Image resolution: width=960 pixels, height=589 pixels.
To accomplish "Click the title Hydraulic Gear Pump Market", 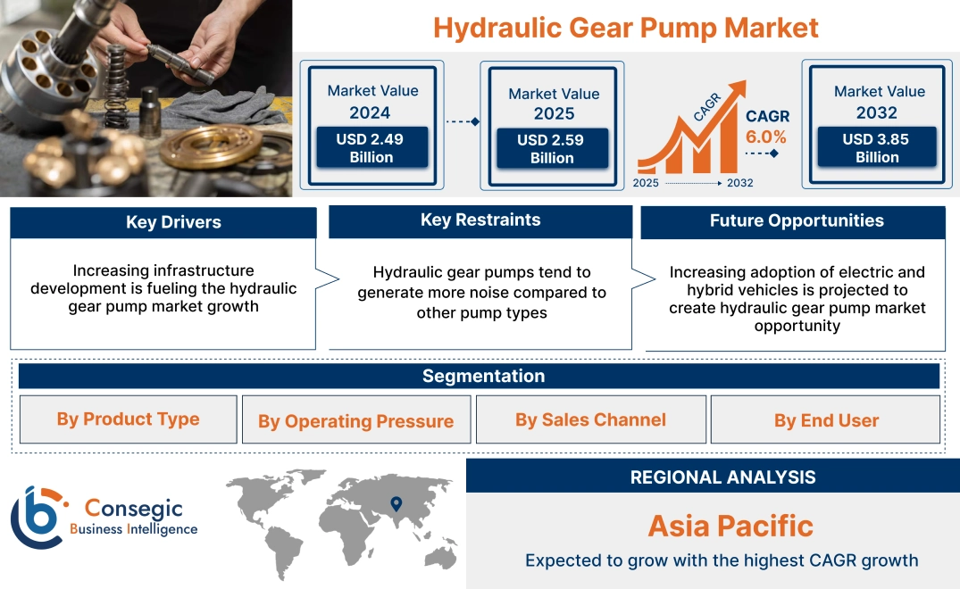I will click(x=625, y=28).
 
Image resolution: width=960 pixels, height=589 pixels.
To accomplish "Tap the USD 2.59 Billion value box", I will click(x=552, y=149).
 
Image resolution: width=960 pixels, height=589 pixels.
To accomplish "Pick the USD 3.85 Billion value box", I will click(x=877, y=148).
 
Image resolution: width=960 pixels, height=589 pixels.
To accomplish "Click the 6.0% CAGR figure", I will click(x=766, y=137).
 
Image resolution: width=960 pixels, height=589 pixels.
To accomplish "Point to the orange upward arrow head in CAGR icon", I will click(x=737, y=89).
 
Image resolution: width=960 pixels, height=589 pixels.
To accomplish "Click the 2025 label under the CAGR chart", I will click(x=647, y=183).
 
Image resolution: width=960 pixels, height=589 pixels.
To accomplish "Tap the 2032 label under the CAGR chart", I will click(x=739, y=183).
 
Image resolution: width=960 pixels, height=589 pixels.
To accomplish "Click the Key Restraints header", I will click(x=480, y=220).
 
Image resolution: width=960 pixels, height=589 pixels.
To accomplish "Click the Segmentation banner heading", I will click(x=483, y=376).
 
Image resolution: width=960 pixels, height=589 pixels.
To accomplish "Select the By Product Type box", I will click(x=128, y=419).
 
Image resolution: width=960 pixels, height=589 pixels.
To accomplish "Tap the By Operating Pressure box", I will click(x=355, y=421).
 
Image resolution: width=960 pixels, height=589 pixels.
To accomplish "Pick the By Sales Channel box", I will click(x=590, y=419).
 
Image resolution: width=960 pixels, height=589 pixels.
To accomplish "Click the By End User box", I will click(x=826, y=420).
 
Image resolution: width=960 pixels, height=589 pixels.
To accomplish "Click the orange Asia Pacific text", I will click(x=730, y=526).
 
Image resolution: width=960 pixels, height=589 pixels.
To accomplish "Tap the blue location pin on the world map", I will click(x=397, y=504).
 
